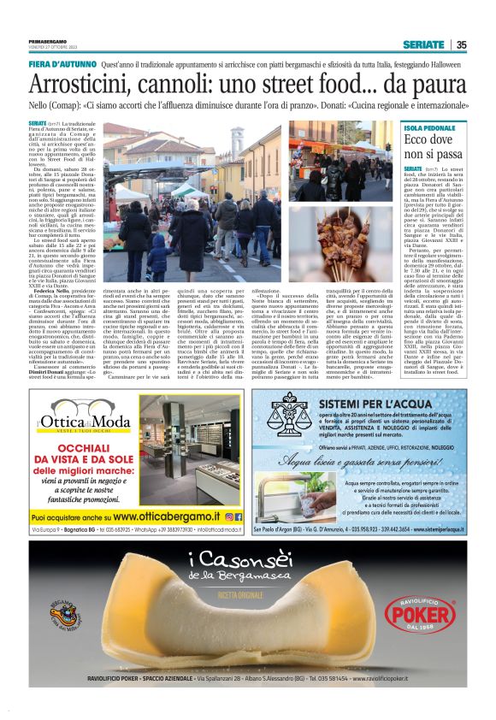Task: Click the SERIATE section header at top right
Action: tap(424, 44)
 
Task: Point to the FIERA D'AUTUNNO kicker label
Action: tap(62, 65)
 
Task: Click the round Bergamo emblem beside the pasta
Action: tap(64, 612)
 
